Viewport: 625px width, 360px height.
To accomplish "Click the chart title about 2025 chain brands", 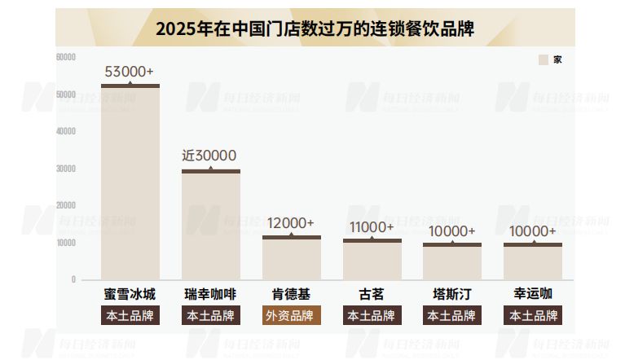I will [315, 29].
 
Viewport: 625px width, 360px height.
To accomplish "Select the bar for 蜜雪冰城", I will [130, 182].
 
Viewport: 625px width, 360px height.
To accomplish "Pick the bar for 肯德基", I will [292, 258].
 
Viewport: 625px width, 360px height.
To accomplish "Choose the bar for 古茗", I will [372, 260].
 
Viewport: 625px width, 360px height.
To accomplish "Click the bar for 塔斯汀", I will [452, 261].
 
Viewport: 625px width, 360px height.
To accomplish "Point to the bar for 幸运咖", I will [533, 261].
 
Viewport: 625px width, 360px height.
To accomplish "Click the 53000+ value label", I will [130, 72].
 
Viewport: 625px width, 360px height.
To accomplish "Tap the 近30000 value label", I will [209, 156].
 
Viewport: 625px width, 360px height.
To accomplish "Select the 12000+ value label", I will [291, 223].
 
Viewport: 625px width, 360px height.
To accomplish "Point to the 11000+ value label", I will [372, 226].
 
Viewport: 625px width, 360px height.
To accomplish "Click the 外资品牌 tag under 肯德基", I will [292, 316].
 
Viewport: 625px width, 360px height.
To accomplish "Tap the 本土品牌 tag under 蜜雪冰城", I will [130, 316].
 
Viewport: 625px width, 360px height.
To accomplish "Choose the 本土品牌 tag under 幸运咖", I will [533, 316].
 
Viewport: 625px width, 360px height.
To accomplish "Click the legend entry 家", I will [551, 59].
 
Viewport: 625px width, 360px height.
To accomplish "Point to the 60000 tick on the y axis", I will [65, 56].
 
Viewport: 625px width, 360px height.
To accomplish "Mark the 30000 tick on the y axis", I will [65, 169].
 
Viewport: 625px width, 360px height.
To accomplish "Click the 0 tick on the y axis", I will [73, 279].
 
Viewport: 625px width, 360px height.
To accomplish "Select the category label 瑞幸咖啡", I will [211, 294].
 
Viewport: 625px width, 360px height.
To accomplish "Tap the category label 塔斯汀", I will [452, 294].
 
